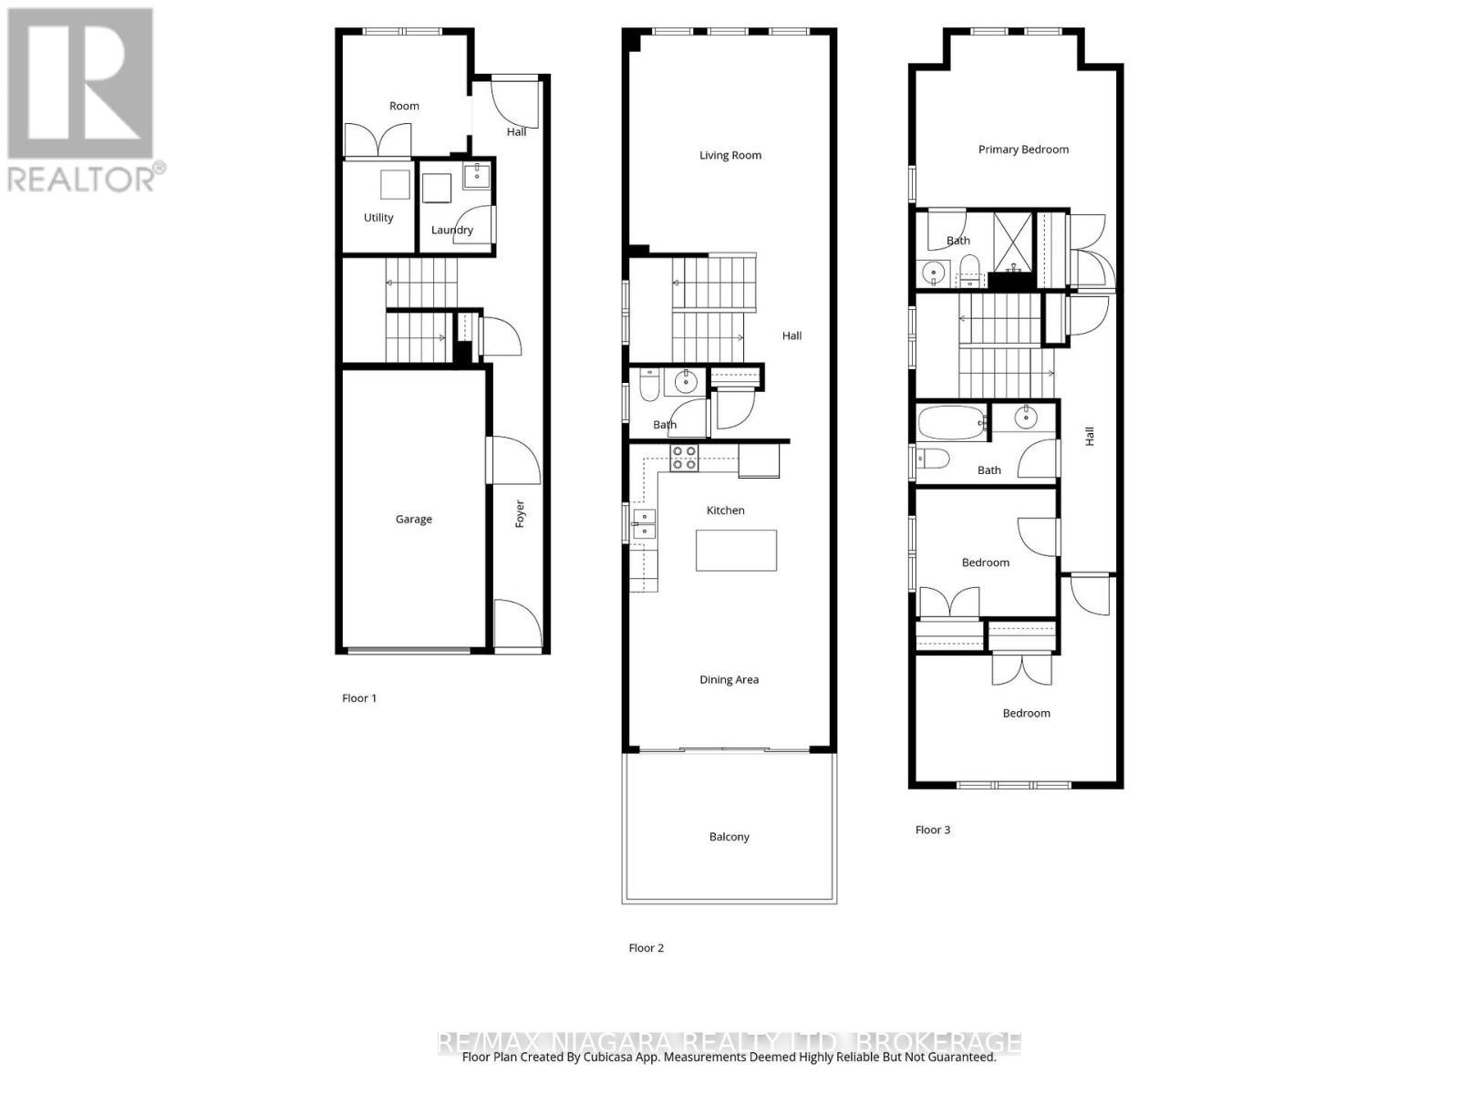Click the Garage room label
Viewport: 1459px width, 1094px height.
click(x=413, y=519)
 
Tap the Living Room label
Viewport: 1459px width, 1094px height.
click(x=729, y=155)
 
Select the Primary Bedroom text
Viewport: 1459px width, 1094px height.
click(x=1023, y=150)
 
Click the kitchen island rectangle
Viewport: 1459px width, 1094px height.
click(x=736, y=551)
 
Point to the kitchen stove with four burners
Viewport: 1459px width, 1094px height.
click(x=684, y=458)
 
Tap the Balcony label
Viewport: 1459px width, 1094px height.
click(x=729, y=837)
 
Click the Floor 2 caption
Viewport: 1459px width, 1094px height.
click(x=646, y=948)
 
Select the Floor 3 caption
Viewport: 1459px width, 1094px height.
click(x=932, y=830)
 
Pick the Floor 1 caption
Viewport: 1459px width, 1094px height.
click(x=358, y=698)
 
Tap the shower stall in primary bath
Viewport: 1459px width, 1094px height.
click(x=1012, y=241)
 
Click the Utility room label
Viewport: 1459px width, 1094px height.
click(x=378, y=218)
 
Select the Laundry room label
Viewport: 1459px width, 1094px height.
click(x=451, y=230)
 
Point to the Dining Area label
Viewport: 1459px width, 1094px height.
click(x=729, y=679)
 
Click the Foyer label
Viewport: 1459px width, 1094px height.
click(x=520, y=513)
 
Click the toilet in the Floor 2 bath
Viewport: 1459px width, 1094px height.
click(x=649, y=387)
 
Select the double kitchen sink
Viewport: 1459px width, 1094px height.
click(x=644, y=523)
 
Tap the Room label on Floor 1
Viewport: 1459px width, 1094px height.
click(x=404, y=106)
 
